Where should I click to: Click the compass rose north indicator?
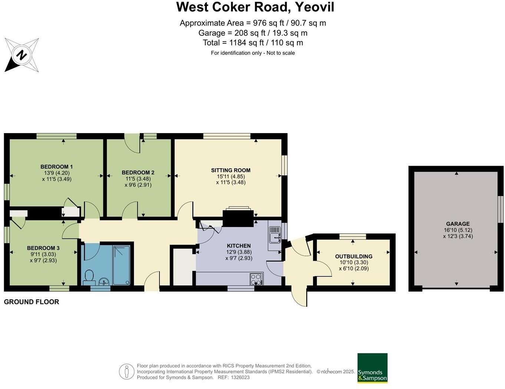coord(22,55)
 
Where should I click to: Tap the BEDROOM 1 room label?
coord(56,167)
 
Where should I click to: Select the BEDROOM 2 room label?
coord(138,172)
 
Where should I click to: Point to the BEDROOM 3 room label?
coord(43,248)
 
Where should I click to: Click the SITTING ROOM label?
coord(231,170)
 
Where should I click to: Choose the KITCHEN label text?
coord(239,245)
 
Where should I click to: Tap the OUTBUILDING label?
coord(354,256)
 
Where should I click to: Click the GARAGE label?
coord(458,224)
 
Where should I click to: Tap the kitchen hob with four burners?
coord(257,279)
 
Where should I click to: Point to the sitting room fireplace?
coord(238,217)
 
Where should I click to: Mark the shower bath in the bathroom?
coord(121,265)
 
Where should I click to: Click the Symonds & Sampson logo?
coord(372,368)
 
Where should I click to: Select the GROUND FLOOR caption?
coord(32,302)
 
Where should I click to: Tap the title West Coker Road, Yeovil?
coord(255,7)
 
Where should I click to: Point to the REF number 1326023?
coord(240,378)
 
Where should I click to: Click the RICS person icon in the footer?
coord(126,371)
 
